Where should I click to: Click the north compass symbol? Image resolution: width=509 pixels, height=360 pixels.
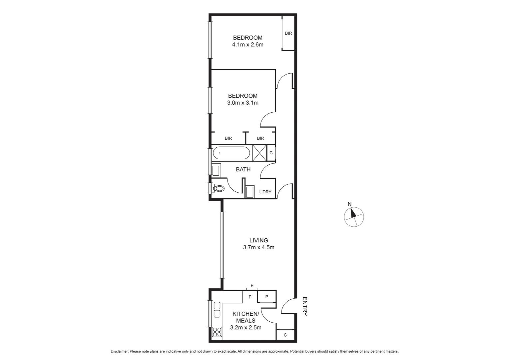click(354, 217)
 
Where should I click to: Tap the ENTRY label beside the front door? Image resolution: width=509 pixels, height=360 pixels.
click(304, 306)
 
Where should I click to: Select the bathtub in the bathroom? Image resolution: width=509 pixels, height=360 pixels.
click(231, 153)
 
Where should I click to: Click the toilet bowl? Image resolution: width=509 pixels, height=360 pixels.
click(219, 189)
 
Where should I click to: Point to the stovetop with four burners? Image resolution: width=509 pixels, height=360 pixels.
click(217, 332)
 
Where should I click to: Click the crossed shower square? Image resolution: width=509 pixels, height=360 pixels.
click(259, 153)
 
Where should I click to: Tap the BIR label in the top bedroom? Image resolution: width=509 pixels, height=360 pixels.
click(288, 33)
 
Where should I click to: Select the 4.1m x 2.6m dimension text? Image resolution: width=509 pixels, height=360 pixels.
click(248, 45)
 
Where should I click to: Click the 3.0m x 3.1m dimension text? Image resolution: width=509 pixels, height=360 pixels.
click(243, 103)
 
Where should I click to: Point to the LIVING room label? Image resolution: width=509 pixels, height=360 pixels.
click(258, 240)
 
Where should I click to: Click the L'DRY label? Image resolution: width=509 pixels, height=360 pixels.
click(265, 192)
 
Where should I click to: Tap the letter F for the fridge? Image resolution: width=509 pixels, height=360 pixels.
click(250, 297)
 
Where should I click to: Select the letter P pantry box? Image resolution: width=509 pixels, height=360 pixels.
click(267, 297)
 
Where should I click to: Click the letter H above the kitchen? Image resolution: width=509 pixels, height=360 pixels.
click(252, 286)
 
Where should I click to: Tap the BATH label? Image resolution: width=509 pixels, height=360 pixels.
click(243, 170)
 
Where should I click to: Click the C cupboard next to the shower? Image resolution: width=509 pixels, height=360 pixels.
click(271, 153)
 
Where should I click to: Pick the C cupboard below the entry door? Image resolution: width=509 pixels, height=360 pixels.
click(285, 335)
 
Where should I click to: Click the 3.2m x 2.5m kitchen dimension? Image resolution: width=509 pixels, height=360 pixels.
click(246, 328)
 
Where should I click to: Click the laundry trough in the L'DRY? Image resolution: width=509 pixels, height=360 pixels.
click(250, 192)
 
